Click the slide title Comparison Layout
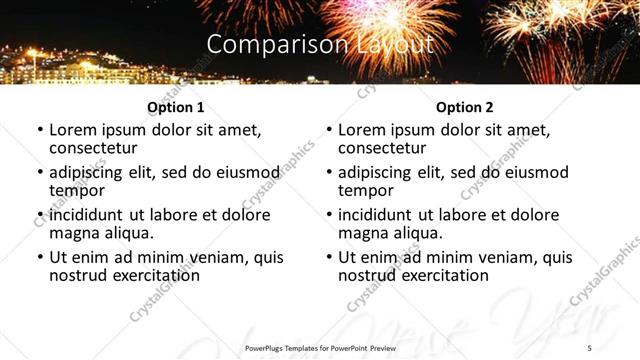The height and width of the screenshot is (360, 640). [x=320, y=45]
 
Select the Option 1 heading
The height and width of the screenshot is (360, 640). [x=175, y=107]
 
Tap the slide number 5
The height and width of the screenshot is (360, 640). [x=589, y=347]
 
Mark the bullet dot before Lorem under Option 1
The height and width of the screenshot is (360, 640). [x=40, y=130]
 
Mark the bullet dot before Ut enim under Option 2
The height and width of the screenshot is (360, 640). [x=329, y=257]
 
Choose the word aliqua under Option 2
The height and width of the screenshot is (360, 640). [x=415, y=233]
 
